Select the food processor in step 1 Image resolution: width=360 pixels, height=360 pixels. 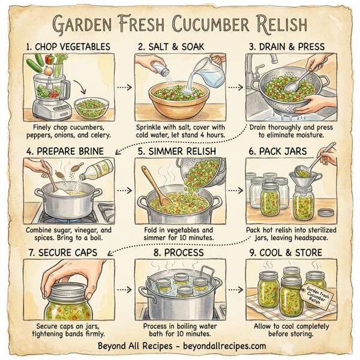46,90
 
